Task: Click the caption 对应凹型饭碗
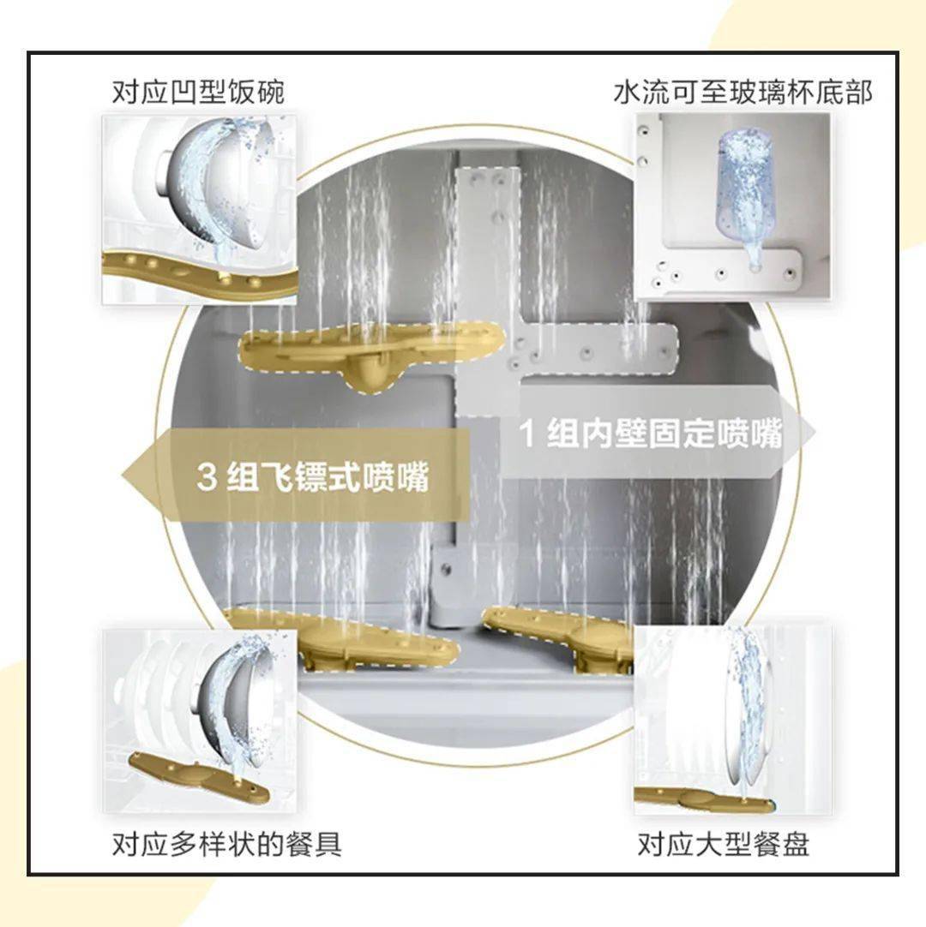coord(198,93)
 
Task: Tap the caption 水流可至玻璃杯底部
coord(743,93)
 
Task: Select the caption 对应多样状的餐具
coord(227,844)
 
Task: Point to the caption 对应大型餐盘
coord(723,846)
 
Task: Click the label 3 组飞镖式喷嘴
coord(312,476)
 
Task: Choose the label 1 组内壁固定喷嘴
coord(652,434)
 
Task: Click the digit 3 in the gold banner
coord(206,477)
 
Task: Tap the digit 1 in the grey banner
coord(530,434)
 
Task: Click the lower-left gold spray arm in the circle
coord(343,638)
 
